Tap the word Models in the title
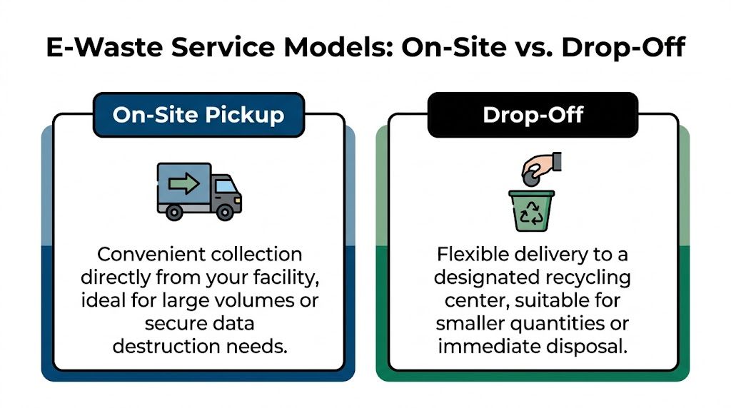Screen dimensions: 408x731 click(329, 48)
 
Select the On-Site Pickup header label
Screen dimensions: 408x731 click(198, 115)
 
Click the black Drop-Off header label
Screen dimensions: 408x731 click(533, 115)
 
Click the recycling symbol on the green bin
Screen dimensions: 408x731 click(530, 211)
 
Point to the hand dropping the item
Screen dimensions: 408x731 click(545, 165)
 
